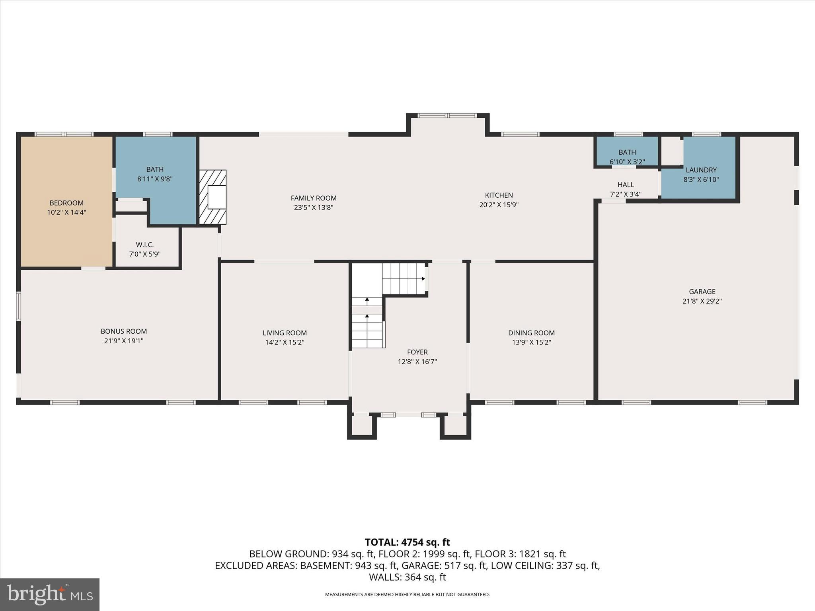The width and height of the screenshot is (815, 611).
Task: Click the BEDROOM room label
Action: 66,203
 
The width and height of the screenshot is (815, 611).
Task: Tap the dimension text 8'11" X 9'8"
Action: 155,179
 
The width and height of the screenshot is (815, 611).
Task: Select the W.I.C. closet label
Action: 144,245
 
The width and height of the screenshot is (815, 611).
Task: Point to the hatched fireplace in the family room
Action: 213,197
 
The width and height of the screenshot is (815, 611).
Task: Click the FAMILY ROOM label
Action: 314,198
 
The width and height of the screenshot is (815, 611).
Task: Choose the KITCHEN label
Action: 499,195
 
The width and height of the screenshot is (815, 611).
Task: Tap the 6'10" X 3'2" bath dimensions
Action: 627,162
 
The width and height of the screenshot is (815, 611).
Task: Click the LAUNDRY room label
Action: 701,170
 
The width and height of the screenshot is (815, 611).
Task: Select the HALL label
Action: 626,185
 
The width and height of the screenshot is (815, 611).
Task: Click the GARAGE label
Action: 702,292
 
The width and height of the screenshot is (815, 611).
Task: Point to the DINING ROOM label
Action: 531,333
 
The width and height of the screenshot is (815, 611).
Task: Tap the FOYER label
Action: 417,352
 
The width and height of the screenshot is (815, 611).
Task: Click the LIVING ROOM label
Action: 285,333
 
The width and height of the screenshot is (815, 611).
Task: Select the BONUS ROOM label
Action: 124,331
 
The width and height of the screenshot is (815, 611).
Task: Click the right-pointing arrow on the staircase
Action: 423,278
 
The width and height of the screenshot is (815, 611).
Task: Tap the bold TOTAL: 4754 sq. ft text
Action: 407,542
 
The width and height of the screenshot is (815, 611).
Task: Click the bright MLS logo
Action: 50,594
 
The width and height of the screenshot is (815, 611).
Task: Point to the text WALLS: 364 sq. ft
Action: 407,577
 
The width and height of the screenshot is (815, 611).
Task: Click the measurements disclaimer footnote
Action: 407,595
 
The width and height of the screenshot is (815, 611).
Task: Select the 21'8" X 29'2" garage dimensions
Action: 702,301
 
